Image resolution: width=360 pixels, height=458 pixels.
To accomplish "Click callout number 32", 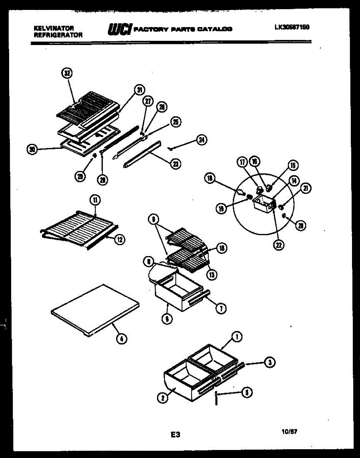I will pyautogui.click(x=67, y=73).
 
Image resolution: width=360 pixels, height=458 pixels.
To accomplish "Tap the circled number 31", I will pyautogui.click(x=139, y=90).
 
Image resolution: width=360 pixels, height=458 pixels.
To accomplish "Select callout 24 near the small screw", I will pyautogui.click(x=201, y=140).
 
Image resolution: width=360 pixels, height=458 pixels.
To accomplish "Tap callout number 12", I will pyautogui.click(x=119, y=239).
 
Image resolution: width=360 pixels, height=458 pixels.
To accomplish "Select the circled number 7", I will pyautogui.click(x=221, y=309).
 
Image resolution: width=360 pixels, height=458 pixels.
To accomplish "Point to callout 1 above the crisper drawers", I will pyautogui.click(x=237, y=337).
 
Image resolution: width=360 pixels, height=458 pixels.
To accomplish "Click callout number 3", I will pyautogui.click(x=270, y=363).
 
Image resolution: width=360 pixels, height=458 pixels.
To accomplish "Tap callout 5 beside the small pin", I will pyautogui.click(x=247, y=392).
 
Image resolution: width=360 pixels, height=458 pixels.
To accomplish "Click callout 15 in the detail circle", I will pyautogui.click(x=292, y=165).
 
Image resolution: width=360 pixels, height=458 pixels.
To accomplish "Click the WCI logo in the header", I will pyautogui.click(x=120, y=29).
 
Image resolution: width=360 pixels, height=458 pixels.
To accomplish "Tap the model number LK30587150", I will pyautogui.click(x=291, y=27).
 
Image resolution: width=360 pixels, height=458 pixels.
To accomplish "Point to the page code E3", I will pyautogui.click(x=175, y=434).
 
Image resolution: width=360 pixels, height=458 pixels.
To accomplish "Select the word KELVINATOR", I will pyautogui.click(x=54, y=28).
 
